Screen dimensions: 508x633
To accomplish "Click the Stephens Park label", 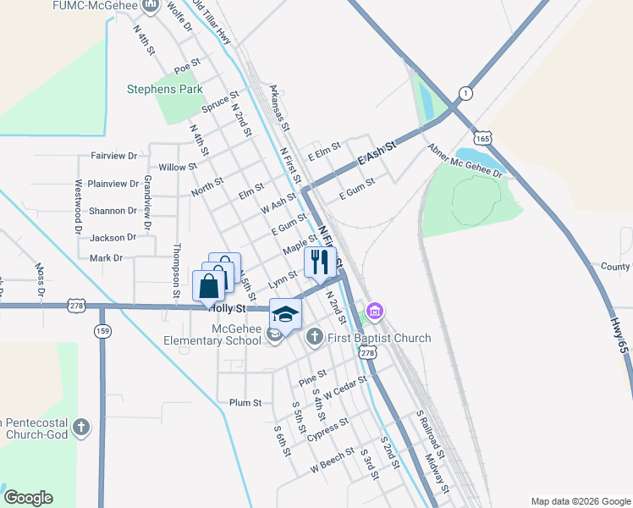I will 164,88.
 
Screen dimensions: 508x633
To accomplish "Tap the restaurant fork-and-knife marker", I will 319,262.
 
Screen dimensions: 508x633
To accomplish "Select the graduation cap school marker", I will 285,314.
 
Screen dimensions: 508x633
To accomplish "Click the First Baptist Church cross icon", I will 314,338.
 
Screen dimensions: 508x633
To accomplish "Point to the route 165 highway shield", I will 483,137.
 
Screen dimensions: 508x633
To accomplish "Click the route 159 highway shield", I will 102,330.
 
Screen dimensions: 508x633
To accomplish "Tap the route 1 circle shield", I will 465,93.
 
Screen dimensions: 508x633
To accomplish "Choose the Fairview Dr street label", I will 113,156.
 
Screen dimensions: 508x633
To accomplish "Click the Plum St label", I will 245,403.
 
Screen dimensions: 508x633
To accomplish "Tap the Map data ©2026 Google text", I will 580,500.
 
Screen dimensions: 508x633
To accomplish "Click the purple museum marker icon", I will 375,312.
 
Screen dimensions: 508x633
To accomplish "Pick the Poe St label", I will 186,64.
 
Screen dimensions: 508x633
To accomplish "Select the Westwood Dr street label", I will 78,206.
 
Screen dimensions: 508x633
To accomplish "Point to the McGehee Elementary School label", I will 213,335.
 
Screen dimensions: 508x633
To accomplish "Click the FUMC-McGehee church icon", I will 151,7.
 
